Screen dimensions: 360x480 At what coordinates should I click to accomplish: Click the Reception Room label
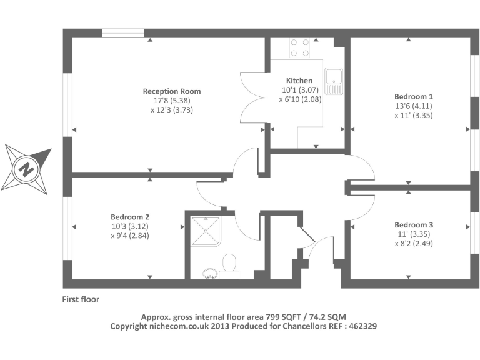[172, 91]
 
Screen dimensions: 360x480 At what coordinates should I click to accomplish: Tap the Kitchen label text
[299, 81]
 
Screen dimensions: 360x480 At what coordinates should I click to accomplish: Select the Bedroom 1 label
[413, 96]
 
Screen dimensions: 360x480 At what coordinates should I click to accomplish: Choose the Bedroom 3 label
[413, 224]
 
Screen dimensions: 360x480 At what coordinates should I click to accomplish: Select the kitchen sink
[334, 80]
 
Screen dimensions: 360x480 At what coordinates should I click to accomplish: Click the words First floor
[80, 299]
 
